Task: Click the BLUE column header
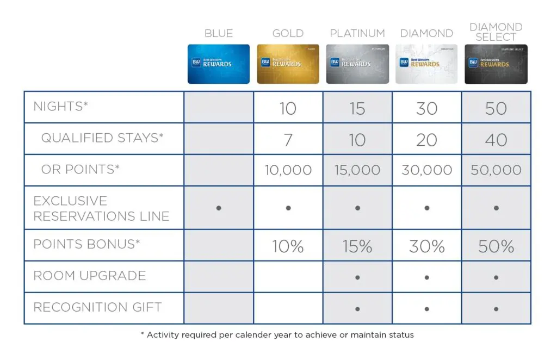pyautogui.click(x=219, y=34)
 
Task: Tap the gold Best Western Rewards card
pyautogui.click(x=288, y=64)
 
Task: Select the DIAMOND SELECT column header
pyautogui.click(x=496, y=32)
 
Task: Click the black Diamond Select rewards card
pyautogui.click(x=496, y=64)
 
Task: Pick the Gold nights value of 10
pyautogui.click(x=288, y=108)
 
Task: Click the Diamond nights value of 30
pyautogui.click(x=426, y=108)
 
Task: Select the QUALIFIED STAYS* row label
pyautogui.click(x=102, y=138)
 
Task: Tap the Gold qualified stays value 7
pyautogui.click(x=288, y=140)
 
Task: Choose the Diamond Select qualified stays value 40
pyautogui.click(x=496, y=140)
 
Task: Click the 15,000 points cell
pyautogui.click(x=357, y=170)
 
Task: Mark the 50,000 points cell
pyautogui.click(x=496, y=170)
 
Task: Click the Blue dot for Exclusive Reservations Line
pyautogui.click(x=219, y=208)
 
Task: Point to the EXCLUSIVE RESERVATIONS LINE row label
pyautogui.click(x=101, y=208)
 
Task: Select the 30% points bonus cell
pyautogui.click(x=426, y=246)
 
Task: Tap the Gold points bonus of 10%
pyautogui.click(x=288, y=246)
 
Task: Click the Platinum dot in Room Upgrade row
pyautogui.click(x=357, y=277)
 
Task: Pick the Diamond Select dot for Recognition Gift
pyautogui.click(x=496, y=309)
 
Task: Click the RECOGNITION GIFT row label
pyautogui.click(x=97, y=307)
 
